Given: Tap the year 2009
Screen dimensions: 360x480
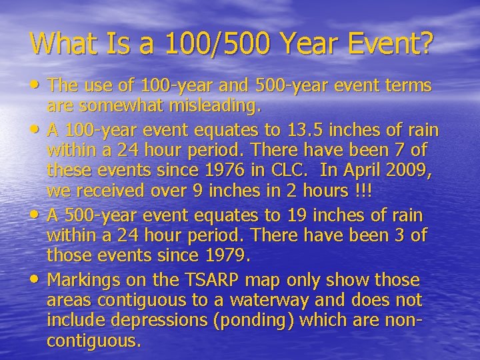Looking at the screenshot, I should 409,170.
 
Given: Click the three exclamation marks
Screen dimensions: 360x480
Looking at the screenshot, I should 364,191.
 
